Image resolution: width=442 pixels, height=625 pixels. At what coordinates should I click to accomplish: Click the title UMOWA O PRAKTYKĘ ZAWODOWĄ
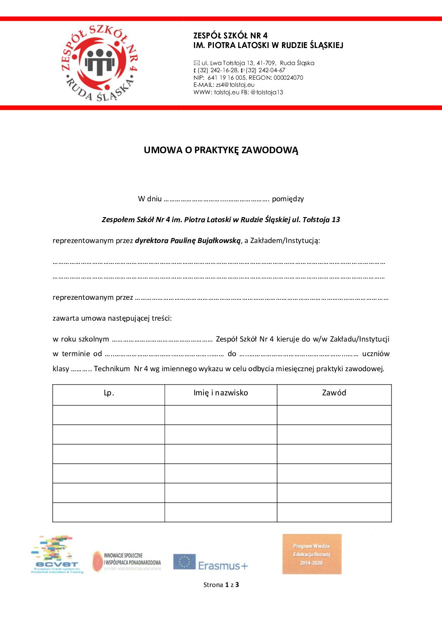221,150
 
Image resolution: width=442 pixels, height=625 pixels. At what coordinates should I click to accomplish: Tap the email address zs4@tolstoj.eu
235,85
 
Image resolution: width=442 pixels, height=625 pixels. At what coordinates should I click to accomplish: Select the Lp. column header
109,393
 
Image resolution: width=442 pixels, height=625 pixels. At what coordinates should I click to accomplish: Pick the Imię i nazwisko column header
221,393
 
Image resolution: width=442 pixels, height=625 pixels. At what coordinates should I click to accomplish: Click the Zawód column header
334,393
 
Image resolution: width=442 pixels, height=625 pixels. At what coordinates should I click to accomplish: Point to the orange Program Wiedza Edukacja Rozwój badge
312,554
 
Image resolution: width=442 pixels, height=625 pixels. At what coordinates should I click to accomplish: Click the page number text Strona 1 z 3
221,585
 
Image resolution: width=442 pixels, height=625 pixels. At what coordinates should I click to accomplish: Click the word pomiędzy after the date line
288,199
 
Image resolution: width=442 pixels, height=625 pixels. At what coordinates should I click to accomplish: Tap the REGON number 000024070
288,78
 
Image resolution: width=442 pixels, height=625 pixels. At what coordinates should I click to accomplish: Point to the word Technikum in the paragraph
112,369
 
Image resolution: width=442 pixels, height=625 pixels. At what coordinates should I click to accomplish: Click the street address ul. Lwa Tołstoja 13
228,63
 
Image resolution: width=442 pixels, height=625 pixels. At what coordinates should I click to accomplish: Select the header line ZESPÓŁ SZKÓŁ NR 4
230,35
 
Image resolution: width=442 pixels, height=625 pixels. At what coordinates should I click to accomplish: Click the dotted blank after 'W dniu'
216,200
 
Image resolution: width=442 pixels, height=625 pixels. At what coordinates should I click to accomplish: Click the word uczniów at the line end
376,354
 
